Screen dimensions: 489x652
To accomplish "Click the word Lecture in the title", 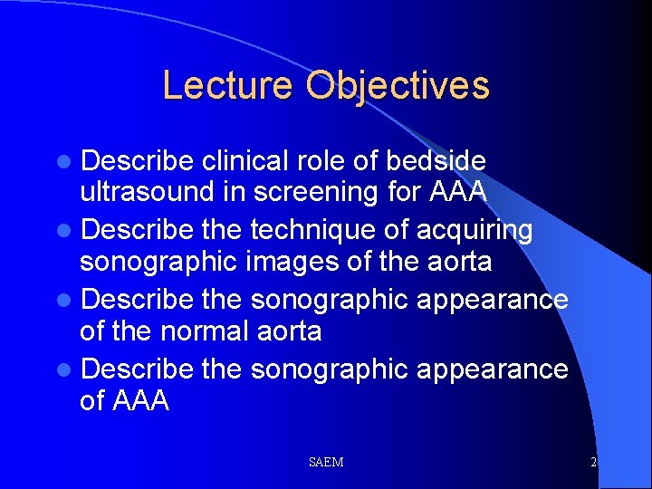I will tap(229, 86).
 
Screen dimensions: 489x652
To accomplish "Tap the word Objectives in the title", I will tap(398, 86).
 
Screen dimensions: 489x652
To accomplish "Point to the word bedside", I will tap(436, 161).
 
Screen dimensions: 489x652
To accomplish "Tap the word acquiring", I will tap(475, 230).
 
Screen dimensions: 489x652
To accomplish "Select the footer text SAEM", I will tap(326, 463).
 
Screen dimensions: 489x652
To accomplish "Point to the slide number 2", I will tap(593, 463).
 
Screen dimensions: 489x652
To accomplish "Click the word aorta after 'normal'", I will tap(287, 331).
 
